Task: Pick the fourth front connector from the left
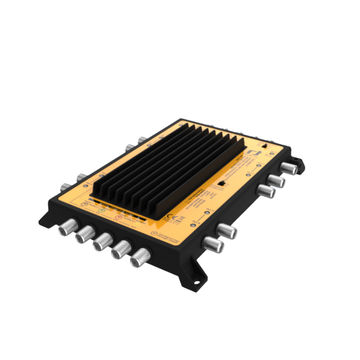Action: pos(121,250)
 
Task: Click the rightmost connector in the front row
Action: pos(141,258)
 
